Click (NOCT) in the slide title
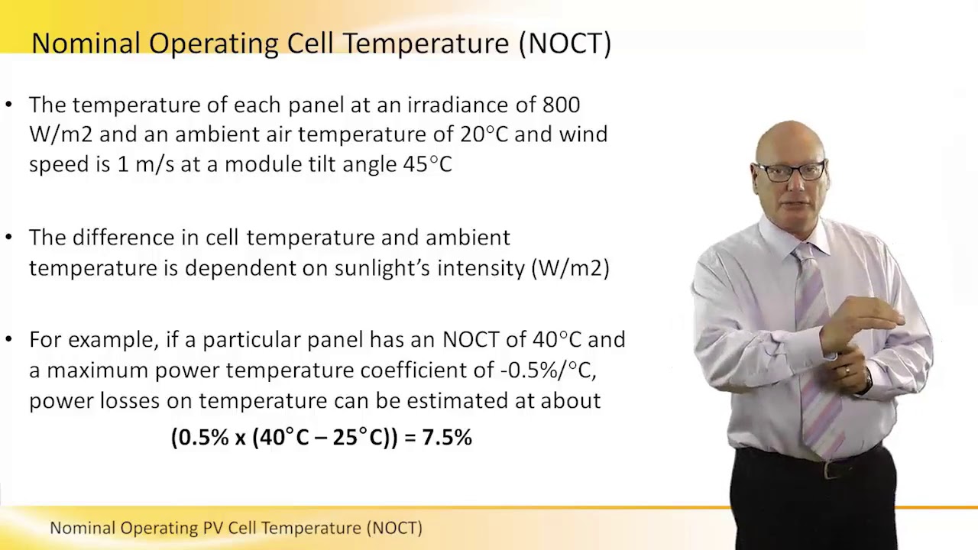click(x=565, y=43)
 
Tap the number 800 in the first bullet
click(x=561, y=105)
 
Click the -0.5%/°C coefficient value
click(x=548, y=370)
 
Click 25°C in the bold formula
click(x=361, y=438)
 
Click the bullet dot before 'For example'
click(x=8, y=339)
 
